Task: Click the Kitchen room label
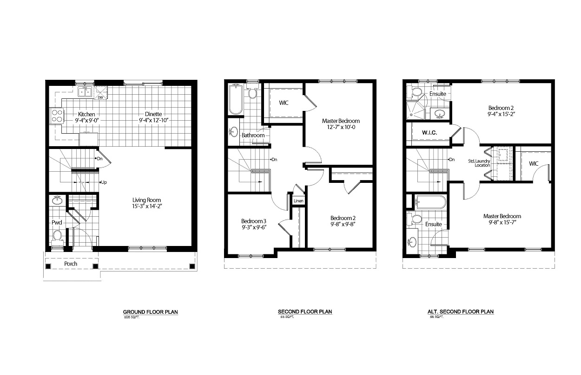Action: (x=86, y=114)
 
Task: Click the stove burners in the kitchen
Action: (x=57, y=116)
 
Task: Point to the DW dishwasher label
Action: (x=100, y=97)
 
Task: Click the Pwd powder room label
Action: (x=57, y=223)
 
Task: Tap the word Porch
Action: (x=71, y=264)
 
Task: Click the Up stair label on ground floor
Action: (x=104, y=182)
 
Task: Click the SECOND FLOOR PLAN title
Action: (x=305, y=312)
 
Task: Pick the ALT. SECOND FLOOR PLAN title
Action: (x=460, y=312)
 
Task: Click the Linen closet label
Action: (x=298, y=201)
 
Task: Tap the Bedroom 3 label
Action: (x=253, y=220)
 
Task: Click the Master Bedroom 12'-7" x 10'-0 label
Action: (x=341, y=124)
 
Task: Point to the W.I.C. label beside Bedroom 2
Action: (x=428, y=132)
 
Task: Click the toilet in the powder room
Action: (x=57, y=235)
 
